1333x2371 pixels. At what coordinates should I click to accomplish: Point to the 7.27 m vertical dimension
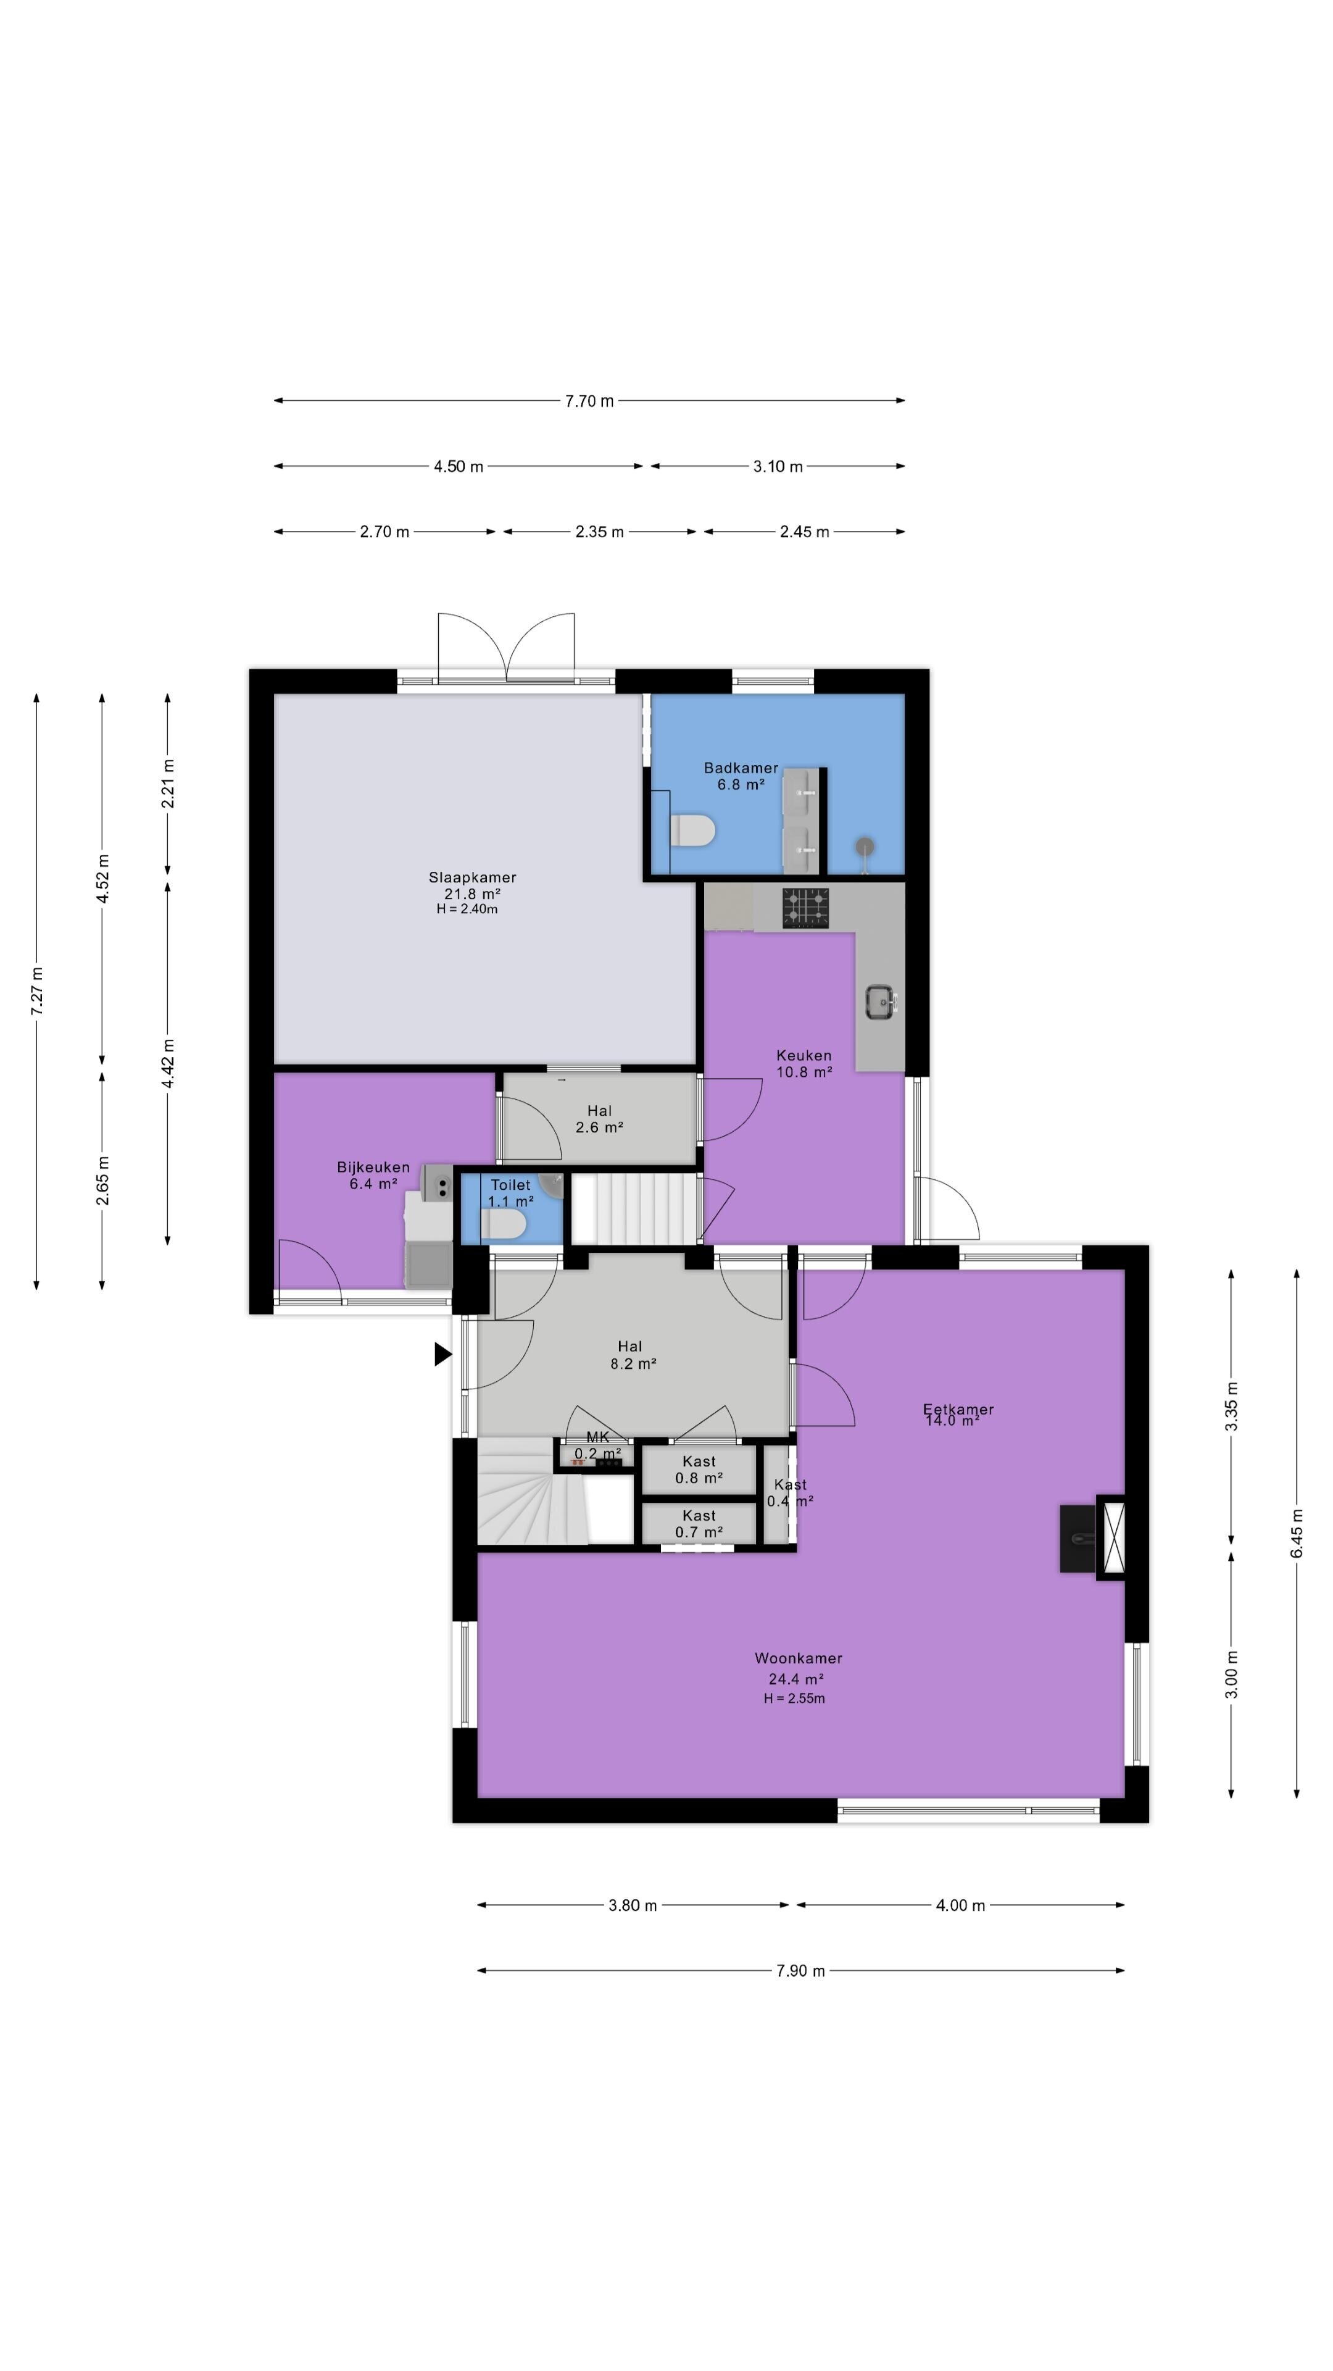38,991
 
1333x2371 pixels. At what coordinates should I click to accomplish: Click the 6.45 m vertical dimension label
1296,1533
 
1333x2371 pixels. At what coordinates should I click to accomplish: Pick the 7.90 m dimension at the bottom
800,1971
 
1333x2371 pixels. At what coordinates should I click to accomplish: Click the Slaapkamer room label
472,877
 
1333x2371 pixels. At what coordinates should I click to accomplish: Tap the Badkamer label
741,767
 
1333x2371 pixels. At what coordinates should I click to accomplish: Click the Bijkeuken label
373,1167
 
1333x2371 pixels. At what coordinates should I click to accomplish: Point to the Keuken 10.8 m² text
804,1063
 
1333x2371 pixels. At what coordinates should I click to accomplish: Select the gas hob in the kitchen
806,908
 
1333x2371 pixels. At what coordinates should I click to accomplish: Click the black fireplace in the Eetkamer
1078,1538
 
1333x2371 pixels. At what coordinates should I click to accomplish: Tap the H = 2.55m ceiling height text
794,1698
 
